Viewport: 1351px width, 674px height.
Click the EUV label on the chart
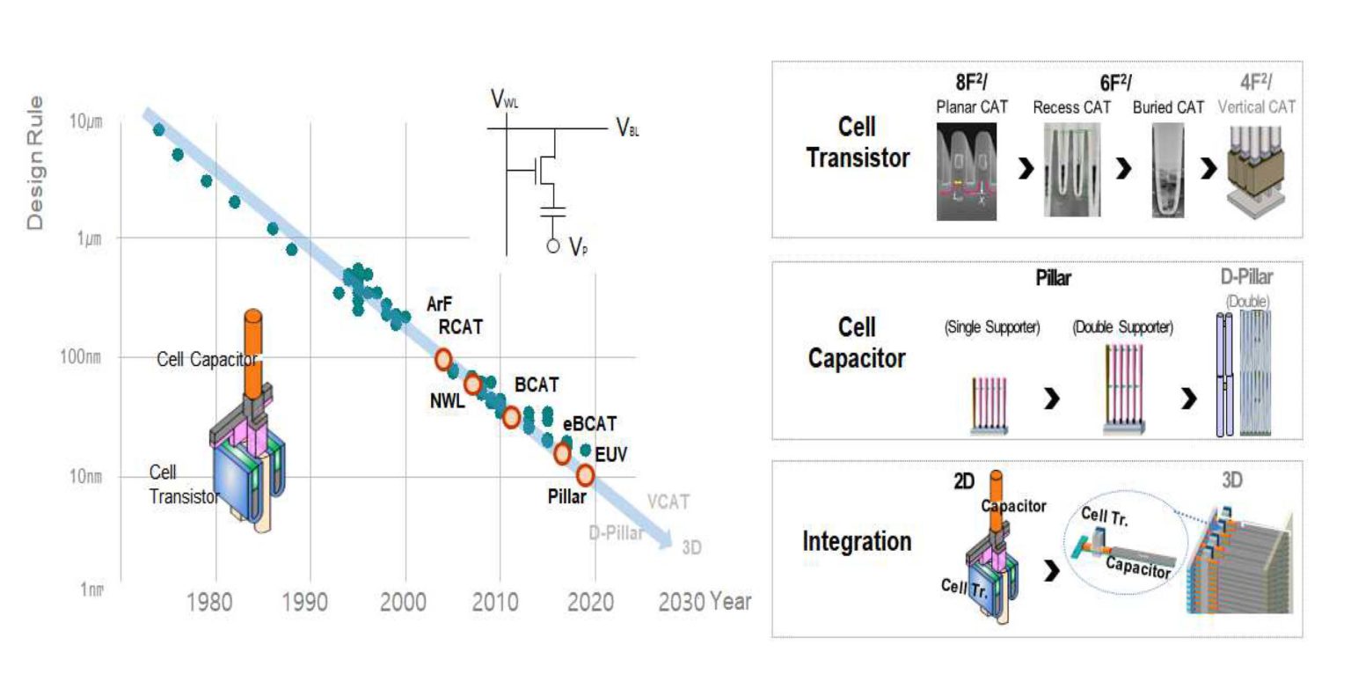(611, 455)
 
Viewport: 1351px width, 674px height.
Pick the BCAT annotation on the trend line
(537, 385)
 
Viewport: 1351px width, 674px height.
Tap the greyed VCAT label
(668, 502)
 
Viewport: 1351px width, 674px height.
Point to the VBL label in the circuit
(628, 130)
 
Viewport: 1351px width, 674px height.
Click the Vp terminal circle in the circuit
(553, 245)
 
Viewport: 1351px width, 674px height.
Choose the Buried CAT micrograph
(1167, 169)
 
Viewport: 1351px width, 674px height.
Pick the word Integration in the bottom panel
(856, 541)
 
